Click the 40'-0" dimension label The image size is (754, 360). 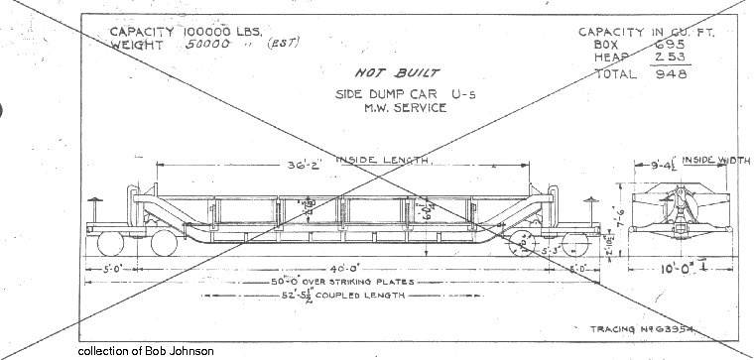point(315,268)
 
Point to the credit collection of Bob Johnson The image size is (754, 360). point(144,351)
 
